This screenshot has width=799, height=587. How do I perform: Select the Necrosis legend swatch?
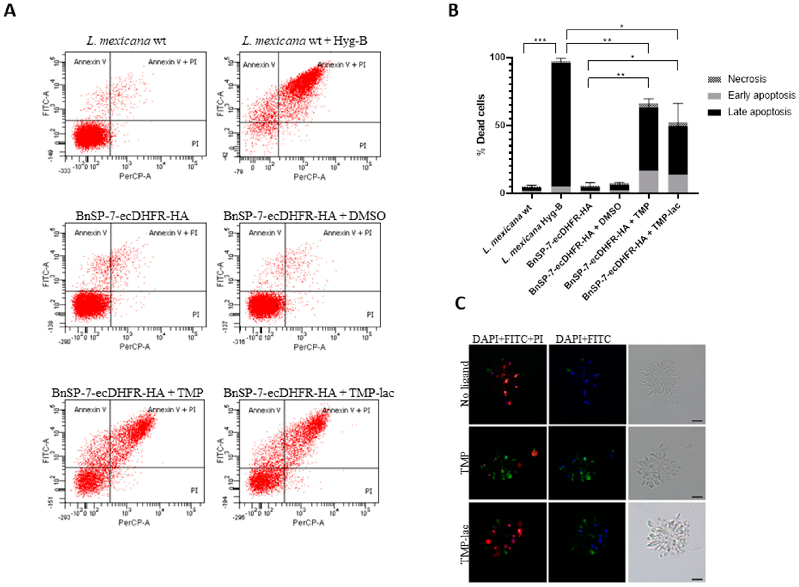(714, 79)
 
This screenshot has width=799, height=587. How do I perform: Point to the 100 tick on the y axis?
(497, 58)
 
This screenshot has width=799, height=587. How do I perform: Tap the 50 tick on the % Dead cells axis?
(499, 125)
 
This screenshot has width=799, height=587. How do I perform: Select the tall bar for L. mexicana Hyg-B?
(561, 124)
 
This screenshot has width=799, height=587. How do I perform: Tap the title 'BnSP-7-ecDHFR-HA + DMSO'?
(305, 216)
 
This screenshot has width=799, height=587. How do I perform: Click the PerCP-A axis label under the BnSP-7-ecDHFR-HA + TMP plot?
(134, 523)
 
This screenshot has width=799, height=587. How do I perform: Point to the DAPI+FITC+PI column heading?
(507, 339)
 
